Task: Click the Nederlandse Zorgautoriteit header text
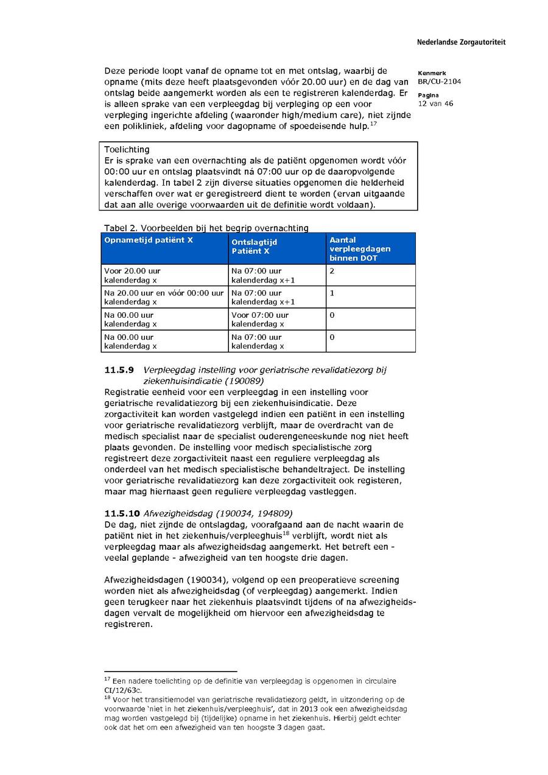(461, 43)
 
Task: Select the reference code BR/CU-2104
(439, 82)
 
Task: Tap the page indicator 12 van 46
(435, 103)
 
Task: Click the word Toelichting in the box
(127, 149)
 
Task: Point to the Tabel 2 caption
(206, 228)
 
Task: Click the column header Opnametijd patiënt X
(149, 240)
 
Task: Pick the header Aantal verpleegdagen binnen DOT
(360, 249)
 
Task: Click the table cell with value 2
(332, 271)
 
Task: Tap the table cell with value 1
(332, 293)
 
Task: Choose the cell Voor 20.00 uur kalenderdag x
(133, 276)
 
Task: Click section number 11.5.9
(119, 370)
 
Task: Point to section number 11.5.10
(121, 513)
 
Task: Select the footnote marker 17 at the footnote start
(107, 678)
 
